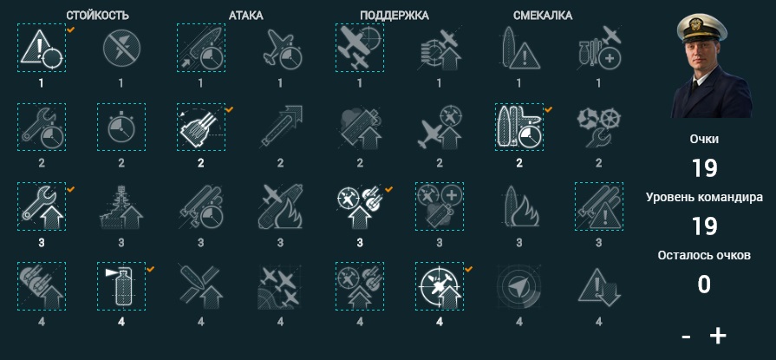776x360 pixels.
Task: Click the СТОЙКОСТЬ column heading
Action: click(x=97, y=16)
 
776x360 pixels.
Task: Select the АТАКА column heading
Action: click(x=246, y=16)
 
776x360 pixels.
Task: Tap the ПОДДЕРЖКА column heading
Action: click(x=395, y=16)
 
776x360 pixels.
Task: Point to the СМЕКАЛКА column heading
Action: click(x=543, y=16)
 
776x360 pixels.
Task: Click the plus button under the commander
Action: click(x=718, y=337)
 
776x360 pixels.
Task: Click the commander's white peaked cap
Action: click(x=701, y=27)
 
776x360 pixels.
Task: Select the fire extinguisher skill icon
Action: click(x=121, y=286)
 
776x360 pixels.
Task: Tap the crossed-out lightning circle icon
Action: click(x=121, y=48)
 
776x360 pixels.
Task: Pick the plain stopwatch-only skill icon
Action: click(x=121, y=128)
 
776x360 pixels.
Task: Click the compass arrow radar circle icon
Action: click(x=518, y=286)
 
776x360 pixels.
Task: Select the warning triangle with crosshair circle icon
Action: click(x=42, y=48)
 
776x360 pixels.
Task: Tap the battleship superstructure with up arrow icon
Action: click(x=121, y=207)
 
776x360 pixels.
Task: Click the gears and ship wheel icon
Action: click(x=599, y=128)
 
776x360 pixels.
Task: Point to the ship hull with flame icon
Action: click(x=518, y=207)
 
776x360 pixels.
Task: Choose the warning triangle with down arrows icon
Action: click(x=599, y=286)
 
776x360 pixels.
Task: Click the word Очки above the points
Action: click(x=704, y=139)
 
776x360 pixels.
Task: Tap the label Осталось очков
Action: click(x=704, y=256)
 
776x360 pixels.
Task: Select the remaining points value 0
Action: click(x=704, y=285)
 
